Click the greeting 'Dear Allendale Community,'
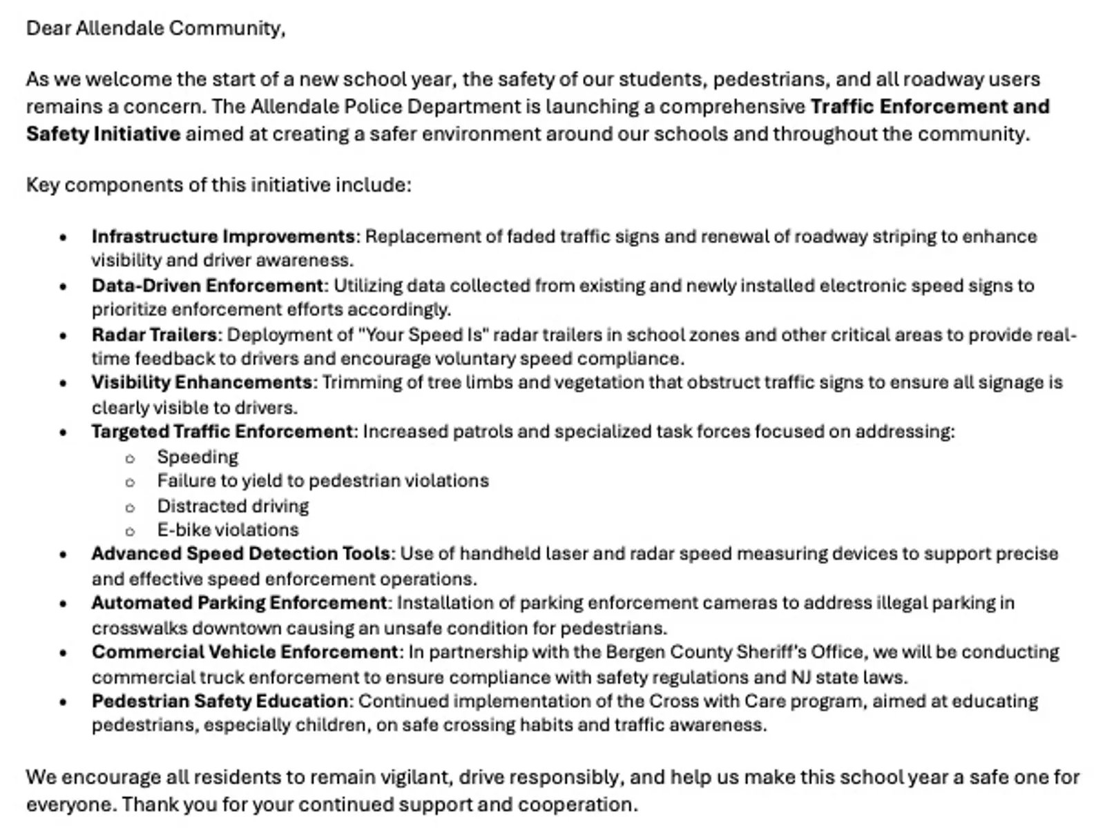click(155, 28)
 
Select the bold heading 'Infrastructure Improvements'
click(223, 237)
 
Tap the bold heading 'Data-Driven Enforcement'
click(207, 286)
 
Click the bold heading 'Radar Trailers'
click(154, 335)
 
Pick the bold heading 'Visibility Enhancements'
click(202, 382)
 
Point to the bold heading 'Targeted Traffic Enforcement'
click(222, 431)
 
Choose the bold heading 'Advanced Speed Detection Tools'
click(241, 553)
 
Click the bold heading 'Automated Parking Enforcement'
click(239, 602)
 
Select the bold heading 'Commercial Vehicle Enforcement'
click(244, 652)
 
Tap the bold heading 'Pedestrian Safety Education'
click(220, 701)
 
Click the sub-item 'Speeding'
click(198, 457)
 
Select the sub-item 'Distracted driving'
click(233, 506)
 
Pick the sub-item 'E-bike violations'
click(228, 530)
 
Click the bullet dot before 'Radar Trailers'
click(64, 336)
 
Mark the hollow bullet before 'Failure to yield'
click(130, 482)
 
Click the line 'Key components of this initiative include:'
click(218, 185)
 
